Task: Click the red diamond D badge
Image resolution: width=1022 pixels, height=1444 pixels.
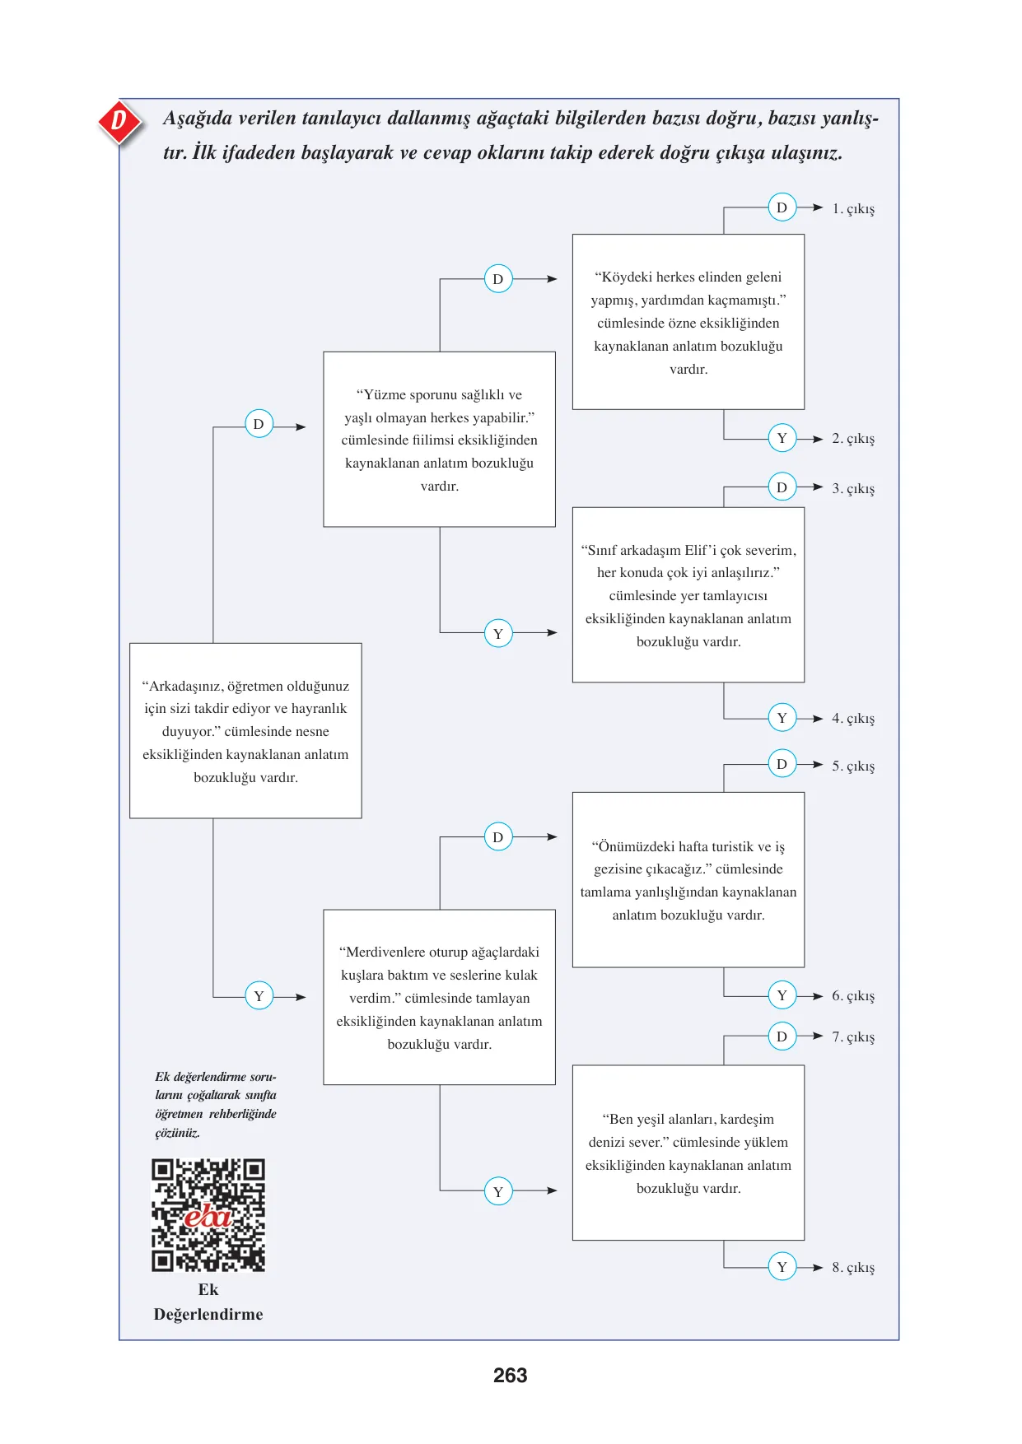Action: (x=119, y=122)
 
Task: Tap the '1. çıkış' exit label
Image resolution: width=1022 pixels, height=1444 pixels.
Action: (x=853, y=209)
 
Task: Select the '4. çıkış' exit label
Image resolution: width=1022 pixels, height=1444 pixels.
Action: (x=853, y=719)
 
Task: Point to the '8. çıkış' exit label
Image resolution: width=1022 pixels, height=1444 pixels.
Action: (x=853, y=1268)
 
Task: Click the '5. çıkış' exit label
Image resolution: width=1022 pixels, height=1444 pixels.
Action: (x=853, y=766)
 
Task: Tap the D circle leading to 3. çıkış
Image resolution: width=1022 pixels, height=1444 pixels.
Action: (x=782, y=487)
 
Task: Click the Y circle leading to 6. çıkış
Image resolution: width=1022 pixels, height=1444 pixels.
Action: (x=782, y=996)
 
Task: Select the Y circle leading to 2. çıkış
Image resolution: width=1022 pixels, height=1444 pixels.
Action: (x=782, y=438)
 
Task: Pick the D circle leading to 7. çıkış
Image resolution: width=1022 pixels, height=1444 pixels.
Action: (x=782, y=1036)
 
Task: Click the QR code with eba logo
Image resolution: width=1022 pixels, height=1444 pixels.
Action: (x=208, y=1215)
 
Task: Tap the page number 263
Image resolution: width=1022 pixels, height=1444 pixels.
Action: (x=511, y=1376)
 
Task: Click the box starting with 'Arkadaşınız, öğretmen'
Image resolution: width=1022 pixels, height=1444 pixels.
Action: (x=245, y=731)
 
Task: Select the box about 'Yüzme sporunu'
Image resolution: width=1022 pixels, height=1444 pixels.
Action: (x=440, y=440)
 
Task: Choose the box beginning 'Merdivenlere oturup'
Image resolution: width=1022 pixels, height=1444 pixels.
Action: (x=440, y=998)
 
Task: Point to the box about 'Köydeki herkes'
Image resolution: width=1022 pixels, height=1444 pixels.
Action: (x=688, y=322)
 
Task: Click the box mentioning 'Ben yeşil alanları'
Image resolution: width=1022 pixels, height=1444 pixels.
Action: (x=688, y=1153)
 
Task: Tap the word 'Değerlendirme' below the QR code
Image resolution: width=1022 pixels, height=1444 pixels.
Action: (x=208, y=1315)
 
